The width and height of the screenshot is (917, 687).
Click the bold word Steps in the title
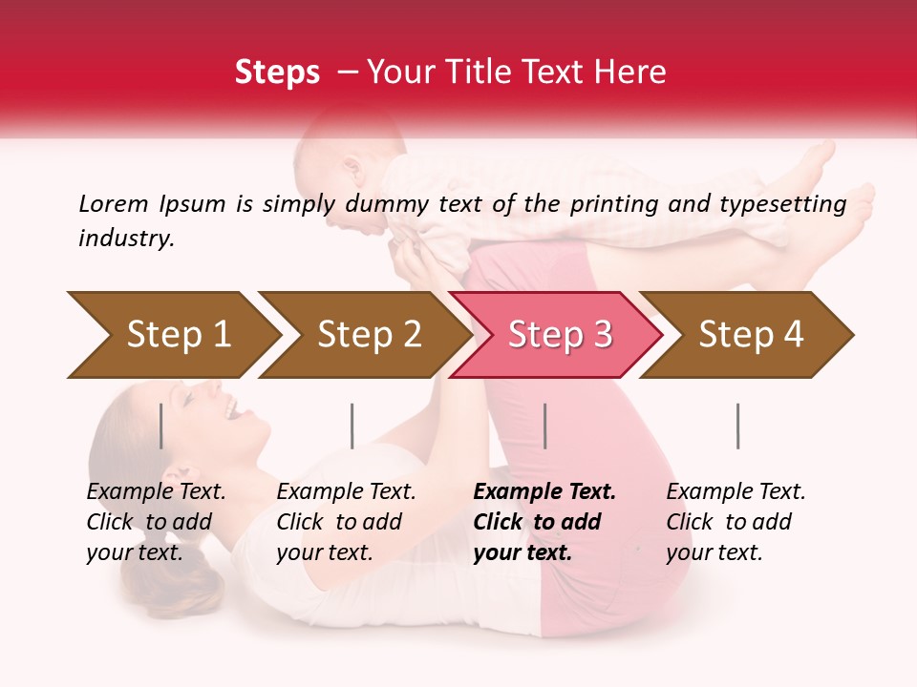(x=277, y=73)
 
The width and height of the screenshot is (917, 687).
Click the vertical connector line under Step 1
(x=161, y=426)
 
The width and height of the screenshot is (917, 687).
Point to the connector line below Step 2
(x=352, y=426)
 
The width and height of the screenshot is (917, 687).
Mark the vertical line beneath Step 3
(x=544, y=426)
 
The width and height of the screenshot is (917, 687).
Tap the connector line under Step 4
(x=737, y=426)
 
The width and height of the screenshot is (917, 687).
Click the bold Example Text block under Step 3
(x=544, y=522)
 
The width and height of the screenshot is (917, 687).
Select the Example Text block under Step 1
(x=156, y=522)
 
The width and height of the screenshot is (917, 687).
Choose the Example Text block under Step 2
(x=346, y=522)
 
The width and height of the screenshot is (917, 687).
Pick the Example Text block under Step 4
(x=736, y=522)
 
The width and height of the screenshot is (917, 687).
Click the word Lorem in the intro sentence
(x=114, y=203)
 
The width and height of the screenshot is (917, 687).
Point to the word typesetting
(x=789, y=204)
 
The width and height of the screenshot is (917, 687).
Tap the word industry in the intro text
(x=126, y=239)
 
